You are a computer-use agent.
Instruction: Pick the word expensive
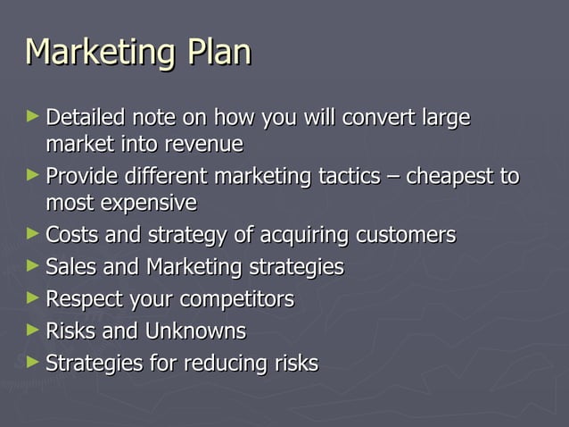point(148,203)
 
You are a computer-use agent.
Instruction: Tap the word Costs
point(71,236)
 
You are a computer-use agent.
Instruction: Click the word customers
point(406,236)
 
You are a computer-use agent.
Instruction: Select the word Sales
point(71,267)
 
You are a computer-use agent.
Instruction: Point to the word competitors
point(241,299)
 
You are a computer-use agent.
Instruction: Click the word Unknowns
point(195,331)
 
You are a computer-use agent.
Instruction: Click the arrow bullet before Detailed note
point(33,116)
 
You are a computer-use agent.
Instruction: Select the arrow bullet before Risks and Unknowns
point(33,331)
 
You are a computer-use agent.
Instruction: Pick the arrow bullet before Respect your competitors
point(33,298)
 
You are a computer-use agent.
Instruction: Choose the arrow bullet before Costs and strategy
point(33,234)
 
